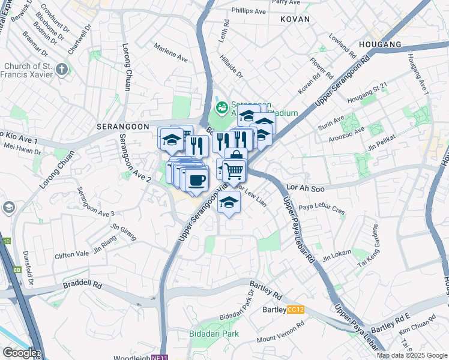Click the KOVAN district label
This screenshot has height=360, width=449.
click(295, 19)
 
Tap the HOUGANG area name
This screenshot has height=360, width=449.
click(379, 44)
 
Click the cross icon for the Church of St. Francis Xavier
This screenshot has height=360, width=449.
click(62, 70)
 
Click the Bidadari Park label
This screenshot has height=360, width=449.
click(214, 333)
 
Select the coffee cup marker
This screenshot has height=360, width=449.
click(196, 179)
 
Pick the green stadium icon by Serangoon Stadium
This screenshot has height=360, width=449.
click(221, 108)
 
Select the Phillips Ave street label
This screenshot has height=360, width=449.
click(249, 11)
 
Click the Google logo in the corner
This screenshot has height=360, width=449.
click(19, 353)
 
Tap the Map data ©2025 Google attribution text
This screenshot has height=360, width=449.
click(412, 355)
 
